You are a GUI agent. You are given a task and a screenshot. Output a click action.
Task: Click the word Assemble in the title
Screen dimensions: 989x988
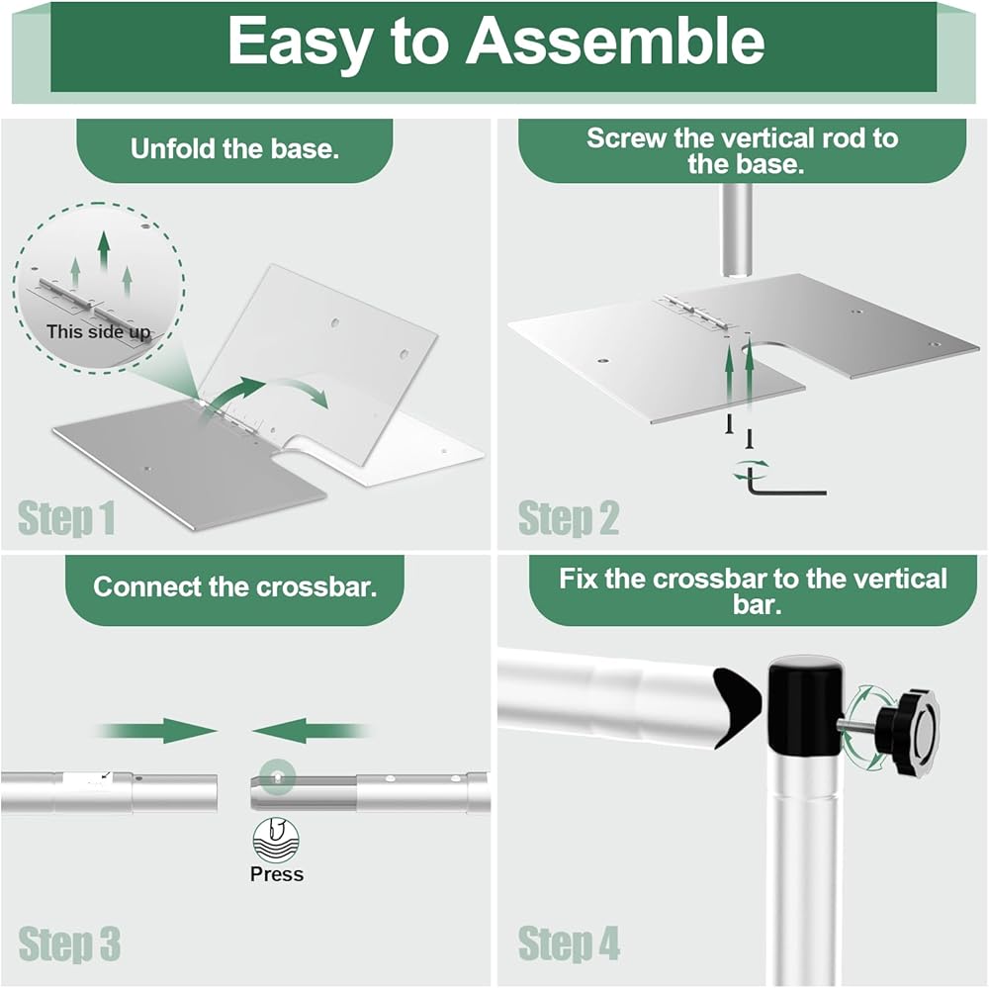click(x=615, y=41)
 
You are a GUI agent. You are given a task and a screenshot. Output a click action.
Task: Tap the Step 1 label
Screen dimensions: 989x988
click(x=66, y=518)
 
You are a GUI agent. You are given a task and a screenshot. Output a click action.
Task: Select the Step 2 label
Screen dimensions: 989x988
click(x=569, y=518)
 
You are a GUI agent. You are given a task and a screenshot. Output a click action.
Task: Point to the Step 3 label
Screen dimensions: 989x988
click(x=69, y=943)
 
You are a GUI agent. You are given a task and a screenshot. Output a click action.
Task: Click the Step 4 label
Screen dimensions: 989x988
click(x=570, y=943)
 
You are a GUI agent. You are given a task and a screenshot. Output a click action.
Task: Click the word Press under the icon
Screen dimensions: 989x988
click(x=277, y=874)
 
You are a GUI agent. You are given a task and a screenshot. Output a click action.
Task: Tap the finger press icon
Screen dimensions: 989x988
click(x=276, y=841)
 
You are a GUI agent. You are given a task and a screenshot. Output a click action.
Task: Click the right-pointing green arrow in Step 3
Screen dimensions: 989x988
click(x=158, y=732)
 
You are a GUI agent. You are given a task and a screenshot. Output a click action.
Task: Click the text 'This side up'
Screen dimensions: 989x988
click(x=98, y=331)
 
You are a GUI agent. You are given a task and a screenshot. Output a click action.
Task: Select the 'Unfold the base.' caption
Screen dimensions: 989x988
click(x=235, y=150)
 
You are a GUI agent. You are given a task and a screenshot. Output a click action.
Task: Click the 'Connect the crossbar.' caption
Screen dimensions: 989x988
click(x=235, y=586)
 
